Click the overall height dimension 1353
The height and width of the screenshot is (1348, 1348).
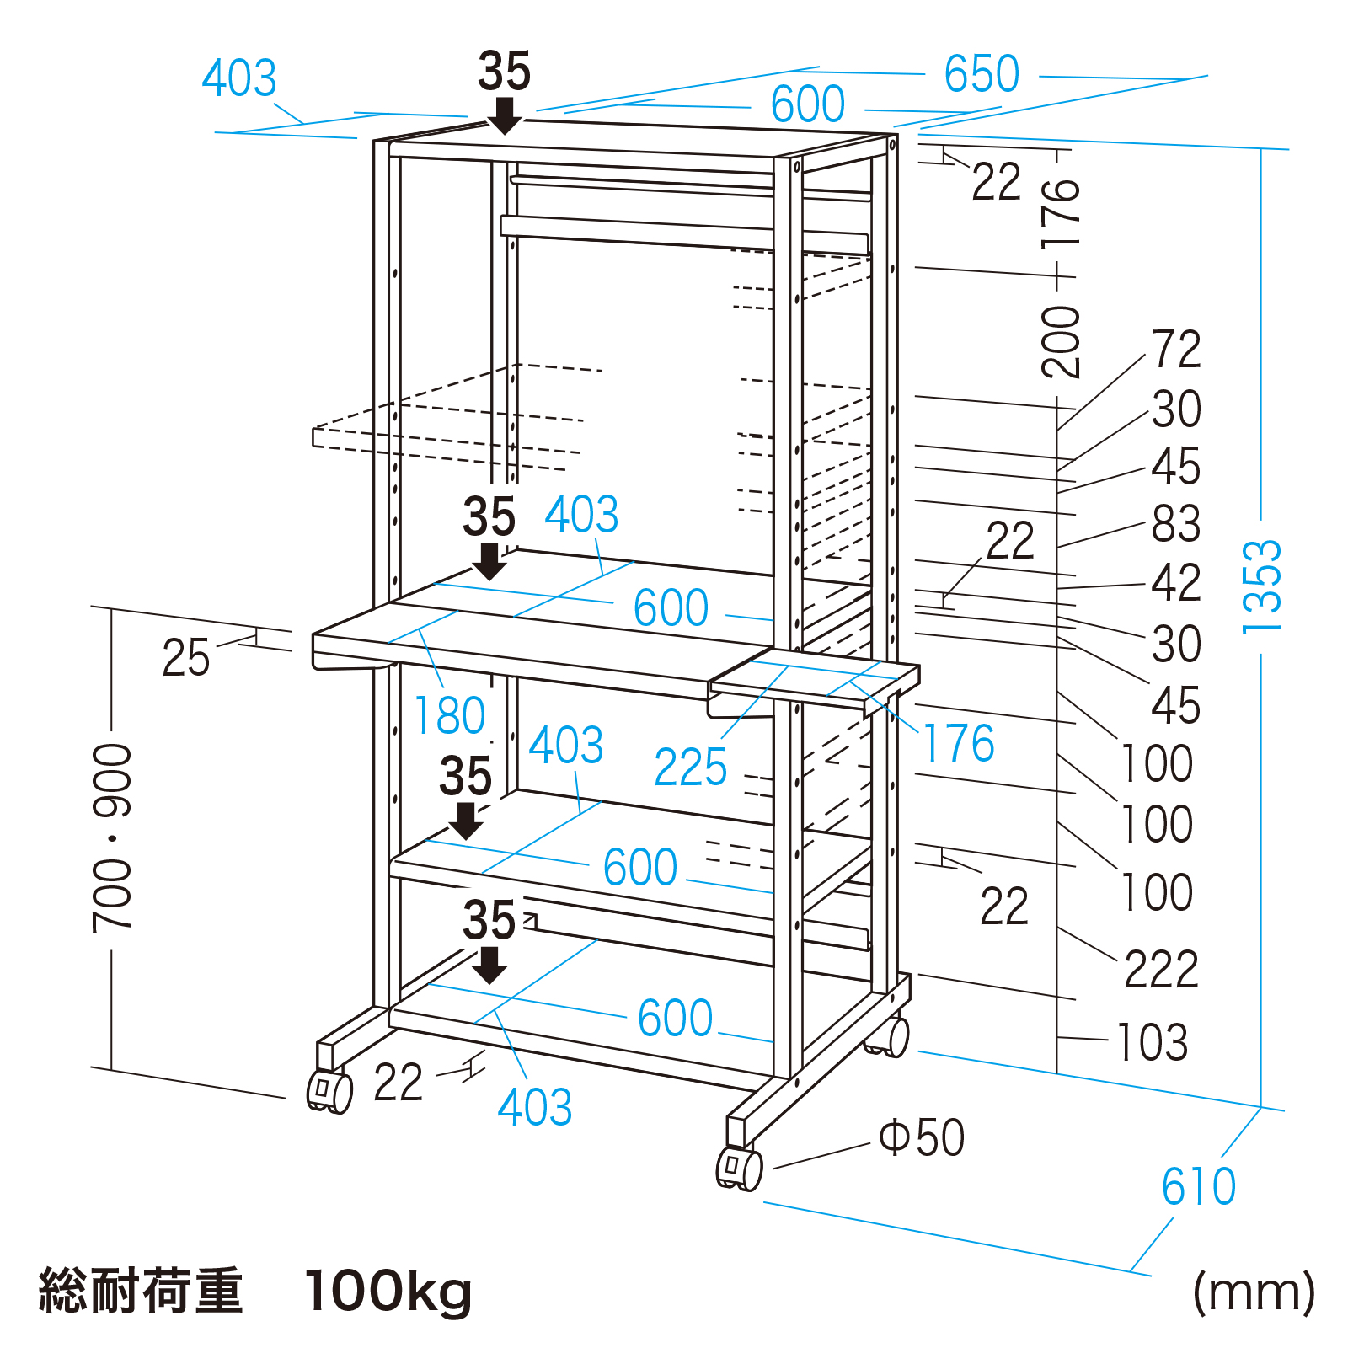1261,586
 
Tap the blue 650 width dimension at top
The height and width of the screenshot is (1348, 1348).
982,74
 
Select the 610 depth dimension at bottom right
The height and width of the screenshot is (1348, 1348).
1198,1187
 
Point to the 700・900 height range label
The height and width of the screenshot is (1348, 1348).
113,838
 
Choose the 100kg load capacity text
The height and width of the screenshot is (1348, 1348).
388,1292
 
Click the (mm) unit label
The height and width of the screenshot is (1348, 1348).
1254,1292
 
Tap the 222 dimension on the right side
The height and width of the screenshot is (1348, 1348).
1161,970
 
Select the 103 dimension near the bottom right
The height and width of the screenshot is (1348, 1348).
1152,1042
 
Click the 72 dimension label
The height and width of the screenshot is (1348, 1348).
1176,350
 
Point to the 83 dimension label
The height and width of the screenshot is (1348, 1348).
1176,524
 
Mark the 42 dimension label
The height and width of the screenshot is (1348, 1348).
1176,583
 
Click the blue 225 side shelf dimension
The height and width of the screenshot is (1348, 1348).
690,768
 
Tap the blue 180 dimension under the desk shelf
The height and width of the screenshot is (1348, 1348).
450,716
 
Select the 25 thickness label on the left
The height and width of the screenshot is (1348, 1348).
185,658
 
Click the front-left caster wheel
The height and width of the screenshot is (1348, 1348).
329,1092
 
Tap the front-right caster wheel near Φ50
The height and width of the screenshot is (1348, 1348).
739,1169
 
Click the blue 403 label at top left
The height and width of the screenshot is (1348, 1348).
239,79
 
